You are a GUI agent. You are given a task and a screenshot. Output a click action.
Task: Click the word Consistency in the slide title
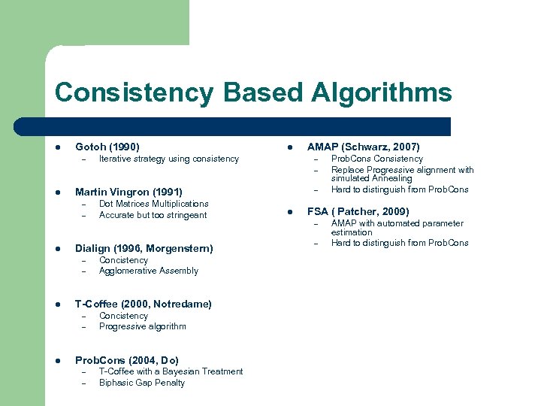click(134, 92)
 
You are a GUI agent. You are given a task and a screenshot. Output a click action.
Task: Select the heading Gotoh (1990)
click(107, 147)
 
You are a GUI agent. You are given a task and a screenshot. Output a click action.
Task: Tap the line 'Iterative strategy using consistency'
click(169, 159)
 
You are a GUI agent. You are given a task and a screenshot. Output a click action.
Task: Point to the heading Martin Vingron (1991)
click(128, 192)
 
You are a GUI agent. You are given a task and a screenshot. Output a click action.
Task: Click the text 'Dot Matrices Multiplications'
click(154, 204)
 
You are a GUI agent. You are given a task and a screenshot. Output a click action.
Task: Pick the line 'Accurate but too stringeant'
click(153, 215)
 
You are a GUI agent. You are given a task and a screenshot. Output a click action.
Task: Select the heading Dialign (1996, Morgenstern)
click(144, 248)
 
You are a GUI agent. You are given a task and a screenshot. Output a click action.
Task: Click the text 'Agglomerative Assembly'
click(149, 271)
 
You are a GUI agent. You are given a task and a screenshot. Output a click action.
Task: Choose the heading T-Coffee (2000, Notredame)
click(144, 304)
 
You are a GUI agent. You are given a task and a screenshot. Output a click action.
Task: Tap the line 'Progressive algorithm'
click(143, 326)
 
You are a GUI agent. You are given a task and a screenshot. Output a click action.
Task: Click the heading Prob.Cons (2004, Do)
click(127, 360)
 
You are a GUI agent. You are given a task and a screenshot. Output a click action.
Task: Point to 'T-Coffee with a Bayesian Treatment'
click(171, 371)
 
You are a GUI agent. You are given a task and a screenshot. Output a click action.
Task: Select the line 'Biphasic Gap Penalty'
click(142, 383)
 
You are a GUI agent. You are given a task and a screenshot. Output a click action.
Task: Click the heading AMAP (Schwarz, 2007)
click(364, 147)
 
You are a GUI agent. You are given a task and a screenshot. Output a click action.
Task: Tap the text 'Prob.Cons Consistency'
click(377, 159)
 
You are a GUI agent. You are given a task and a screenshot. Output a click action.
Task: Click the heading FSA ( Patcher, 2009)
click(358, 211)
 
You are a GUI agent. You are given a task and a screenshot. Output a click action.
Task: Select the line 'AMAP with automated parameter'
click(397, 223)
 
